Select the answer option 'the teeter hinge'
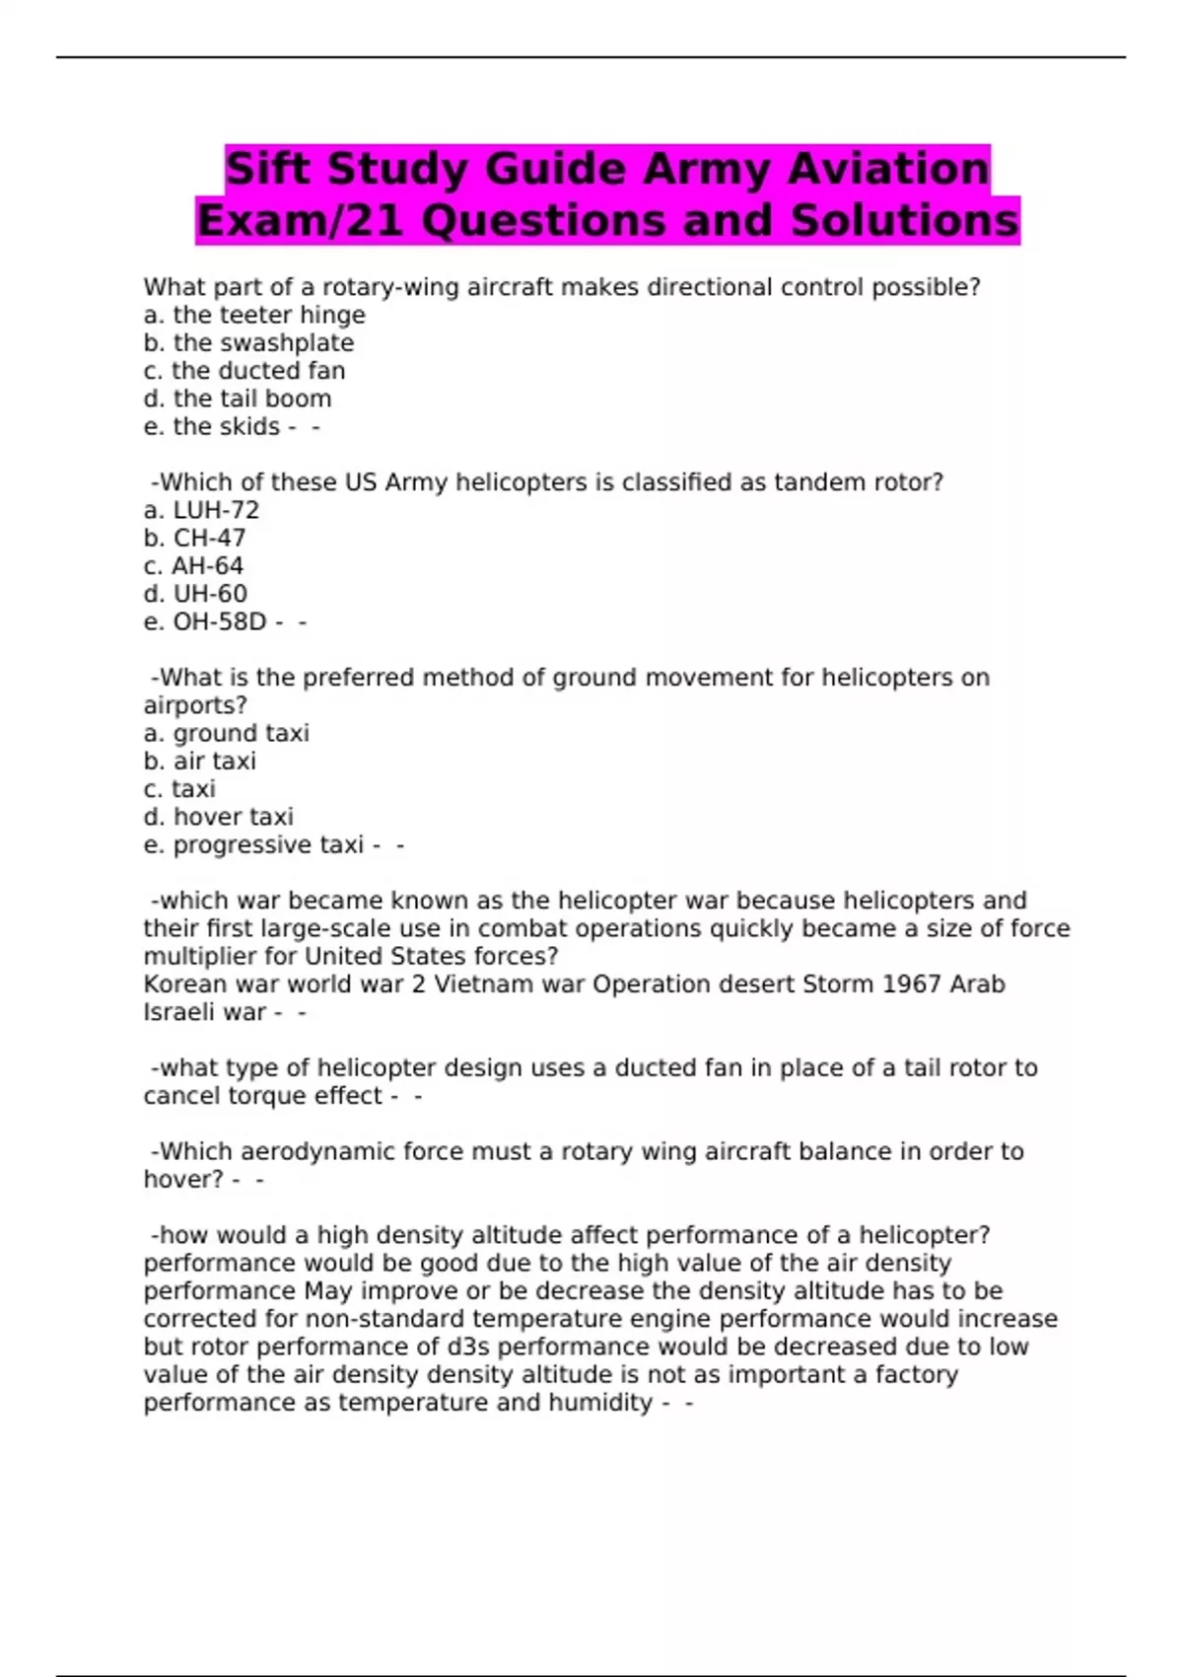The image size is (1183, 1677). click(254, 315)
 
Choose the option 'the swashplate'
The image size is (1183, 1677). click(248, 342)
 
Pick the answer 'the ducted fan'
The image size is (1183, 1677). click(244, 371)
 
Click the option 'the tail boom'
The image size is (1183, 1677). click(238, 399)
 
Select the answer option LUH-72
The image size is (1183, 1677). click(201, 510)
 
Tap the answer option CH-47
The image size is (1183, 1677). click(195, 538)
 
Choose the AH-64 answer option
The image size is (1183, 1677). click(193, 566)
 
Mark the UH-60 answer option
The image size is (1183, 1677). click(195, 594)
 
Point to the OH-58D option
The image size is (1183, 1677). click(205, 621)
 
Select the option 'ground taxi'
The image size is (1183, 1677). click(227, 733)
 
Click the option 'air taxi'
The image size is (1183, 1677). click(200, 761)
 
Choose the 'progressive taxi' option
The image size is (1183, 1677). click(254, 845)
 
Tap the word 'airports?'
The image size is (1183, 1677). click(195, 705)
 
